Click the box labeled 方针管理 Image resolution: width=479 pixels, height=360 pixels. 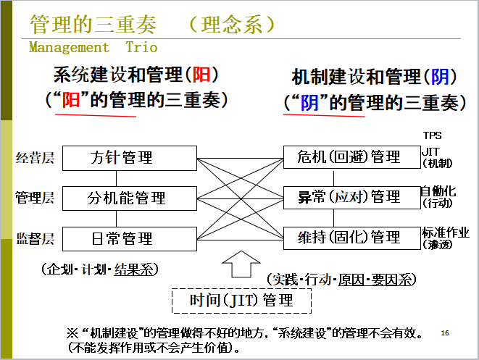[130, 157]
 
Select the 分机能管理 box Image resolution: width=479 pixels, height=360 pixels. [130, 197]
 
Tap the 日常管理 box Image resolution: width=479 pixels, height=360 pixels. [130, 238]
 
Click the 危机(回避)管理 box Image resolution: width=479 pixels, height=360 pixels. [351, 157]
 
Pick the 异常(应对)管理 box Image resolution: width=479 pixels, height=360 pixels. [351, 197]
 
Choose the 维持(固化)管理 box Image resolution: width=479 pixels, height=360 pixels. [351, 238]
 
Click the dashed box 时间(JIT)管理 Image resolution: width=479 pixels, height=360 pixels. [241, 299]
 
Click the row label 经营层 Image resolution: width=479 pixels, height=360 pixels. [35, 158]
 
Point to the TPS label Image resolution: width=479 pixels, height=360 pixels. [433, 135]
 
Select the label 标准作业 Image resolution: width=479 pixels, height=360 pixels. [446, 233]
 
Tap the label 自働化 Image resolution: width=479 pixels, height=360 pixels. [439, 191]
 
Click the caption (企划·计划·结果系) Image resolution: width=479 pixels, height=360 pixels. [100, 269]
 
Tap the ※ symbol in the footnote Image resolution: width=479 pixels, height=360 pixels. [72, 333]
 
